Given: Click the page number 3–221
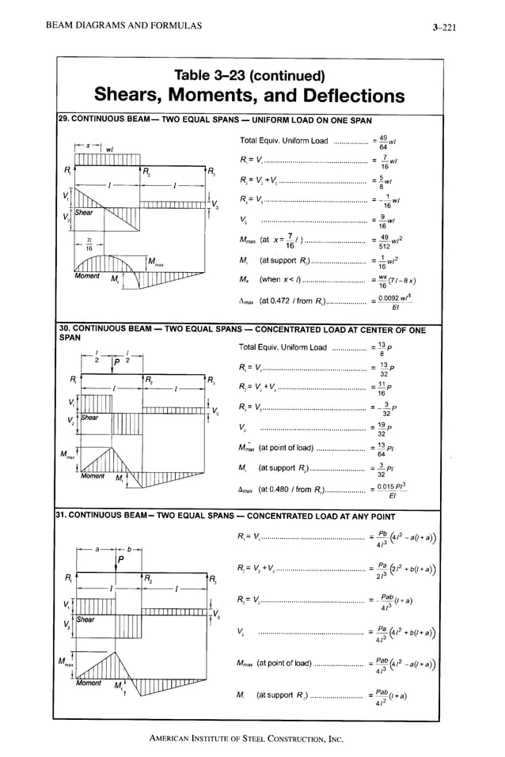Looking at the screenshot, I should point(446,28).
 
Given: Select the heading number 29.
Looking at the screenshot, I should point(64,120).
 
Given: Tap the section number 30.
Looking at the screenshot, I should point(65,327).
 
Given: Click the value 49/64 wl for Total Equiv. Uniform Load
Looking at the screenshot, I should point(389,142).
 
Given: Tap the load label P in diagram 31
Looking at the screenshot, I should point(121,560).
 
